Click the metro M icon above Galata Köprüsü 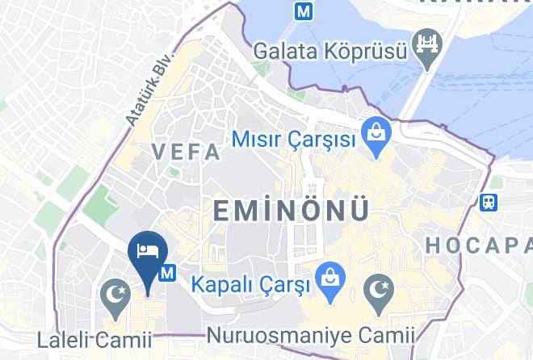pyautogui.click(x=304, y=11)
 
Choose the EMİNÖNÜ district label pyautogui.click(x=292, y=210)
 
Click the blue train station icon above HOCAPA pyautogui.click(x=489, y=203)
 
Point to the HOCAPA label pyautogui.click(x=479, y=245)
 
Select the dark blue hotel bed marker pyautogui.click(x=148, y=250)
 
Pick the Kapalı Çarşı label pyautogui.click(x=250, y=284)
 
